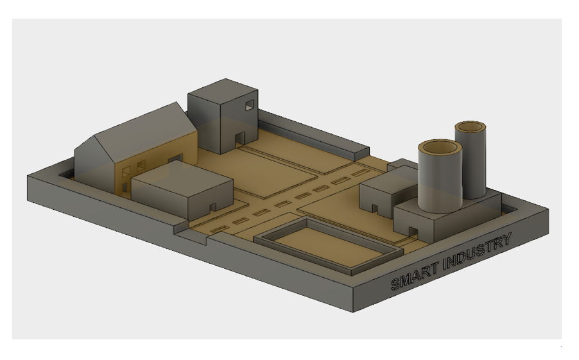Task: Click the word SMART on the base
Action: tap(415, 275)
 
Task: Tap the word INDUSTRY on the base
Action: tap(477, 251)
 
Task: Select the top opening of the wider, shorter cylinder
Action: tap(440, 146)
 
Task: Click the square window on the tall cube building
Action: tap(250, 105)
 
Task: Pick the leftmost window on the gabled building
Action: tap(126, 172)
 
